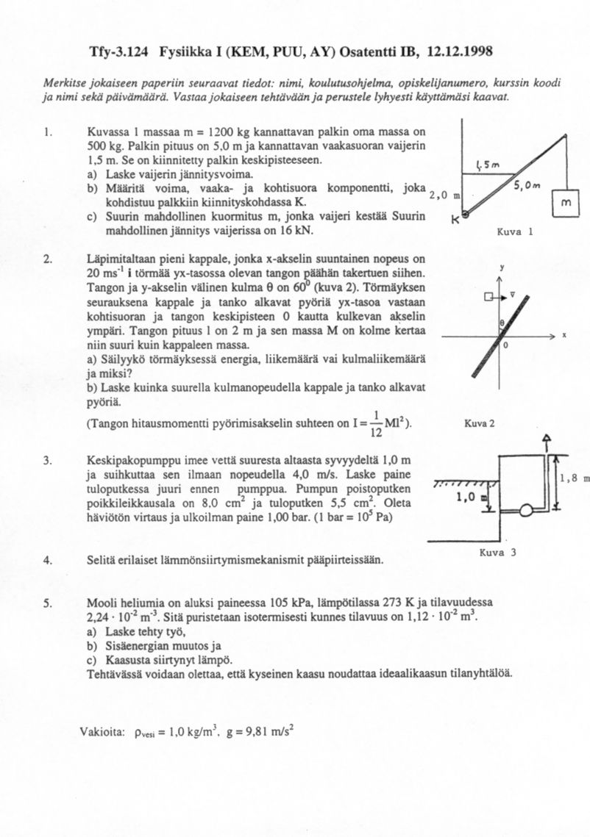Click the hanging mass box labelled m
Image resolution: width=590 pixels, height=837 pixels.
click(564, 201)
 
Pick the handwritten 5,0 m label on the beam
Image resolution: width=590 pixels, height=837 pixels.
click(529, 187)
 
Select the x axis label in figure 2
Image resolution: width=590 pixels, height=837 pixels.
click(564, 335)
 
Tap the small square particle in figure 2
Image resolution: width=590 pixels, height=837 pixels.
click(487, 297)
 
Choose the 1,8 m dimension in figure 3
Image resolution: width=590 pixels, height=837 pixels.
click(575, 478)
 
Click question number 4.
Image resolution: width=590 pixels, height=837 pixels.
click(46, 560)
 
